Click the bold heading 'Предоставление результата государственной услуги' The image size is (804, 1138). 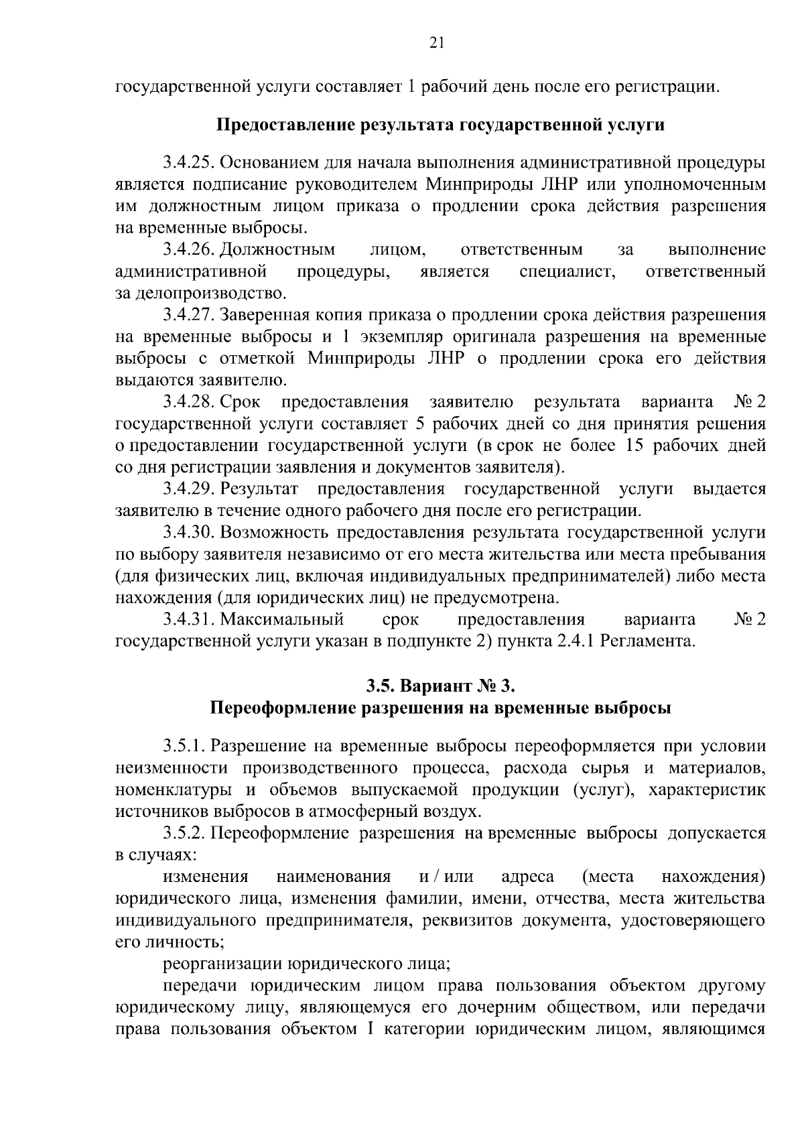coord(440,125)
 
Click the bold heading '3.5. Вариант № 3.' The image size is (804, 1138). coord(440,686)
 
